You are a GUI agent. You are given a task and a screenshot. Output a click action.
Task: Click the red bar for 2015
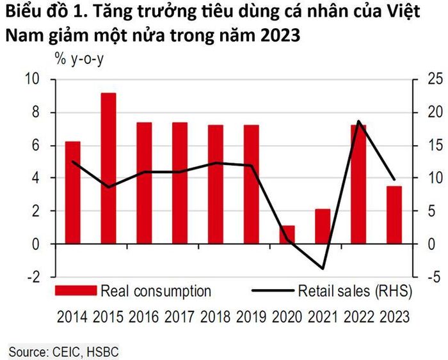[x=109, y=168]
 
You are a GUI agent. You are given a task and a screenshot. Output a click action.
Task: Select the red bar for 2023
[x=394, y=215]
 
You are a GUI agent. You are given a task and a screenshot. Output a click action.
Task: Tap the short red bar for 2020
[x=287, y=235]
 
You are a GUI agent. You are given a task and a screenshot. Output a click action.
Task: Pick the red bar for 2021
[x=323, y=226]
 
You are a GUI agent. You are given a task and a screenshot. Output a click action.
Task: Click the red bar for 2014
[x=73, y=192]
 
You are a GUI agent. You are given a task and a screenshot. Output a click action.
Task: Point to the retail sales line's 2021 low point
[x=323, y=269]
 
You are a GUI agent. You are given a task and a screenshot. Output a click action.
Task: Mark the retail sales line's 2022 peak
[x=358, y=121]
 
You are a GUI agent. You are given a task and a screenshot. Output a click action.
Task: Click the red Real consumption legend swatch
[x=76, y=290]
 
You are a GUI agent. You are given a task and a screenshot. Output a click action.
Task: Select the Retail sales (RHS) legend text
[x=355, y=291]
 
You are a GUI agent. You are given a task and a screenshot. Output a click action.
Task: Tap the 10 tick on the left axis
[x=32, y=79]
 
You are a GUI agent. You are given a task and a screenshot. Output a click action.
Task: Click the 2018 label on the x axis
[x=216, y=317]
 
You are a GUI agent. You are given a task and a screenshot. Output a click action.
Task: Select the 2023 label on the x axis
[x=395, y=317]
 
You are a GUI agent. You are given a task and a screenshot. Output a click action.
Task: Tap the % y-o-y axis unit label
[x=79, y=59]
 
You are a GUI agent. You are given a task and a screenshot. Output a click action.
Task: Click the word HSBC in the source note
[x=102, y=352]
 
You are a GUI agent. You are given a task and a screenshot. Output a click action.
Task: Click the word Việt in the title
[x=404, y=12]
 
